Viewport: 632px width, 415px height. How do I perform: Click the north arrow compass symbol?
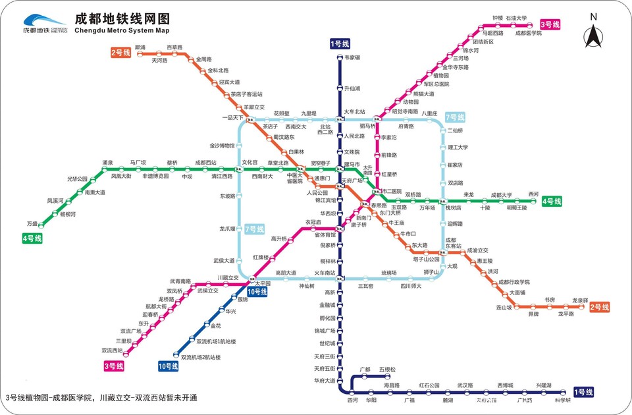point(593,33)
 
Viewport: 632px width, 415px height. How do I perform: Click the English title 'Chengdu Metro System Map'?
point(122,30)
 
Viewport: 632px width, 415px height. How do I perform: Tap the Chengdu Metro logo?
point(44,24)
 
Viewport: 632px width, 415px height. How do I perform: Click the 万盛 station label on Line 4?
point(32,223)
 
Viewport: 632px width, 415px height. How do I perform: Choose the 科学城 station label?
point(562,400)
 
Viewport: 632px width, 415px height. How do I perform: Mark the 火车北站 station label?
point(354,113)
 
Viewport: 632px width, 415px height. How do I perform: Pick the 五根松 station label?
point(388,370)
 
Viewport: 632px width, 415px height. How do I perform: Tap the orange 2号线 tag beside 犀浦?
point(121,52)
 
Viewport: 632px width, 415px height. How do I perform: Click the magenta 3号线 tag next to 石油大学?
point(550,24)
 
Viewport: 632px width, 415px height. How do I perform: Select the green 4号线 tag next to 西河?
point(552,200)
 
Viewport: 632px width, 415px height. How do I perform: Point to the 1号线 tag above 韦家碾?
point(340,43)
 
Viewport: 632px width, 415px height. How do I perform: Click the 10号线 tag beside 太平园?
point(257,291)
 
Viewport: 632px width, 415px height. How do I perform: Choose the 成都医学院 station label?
point(528,32)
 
